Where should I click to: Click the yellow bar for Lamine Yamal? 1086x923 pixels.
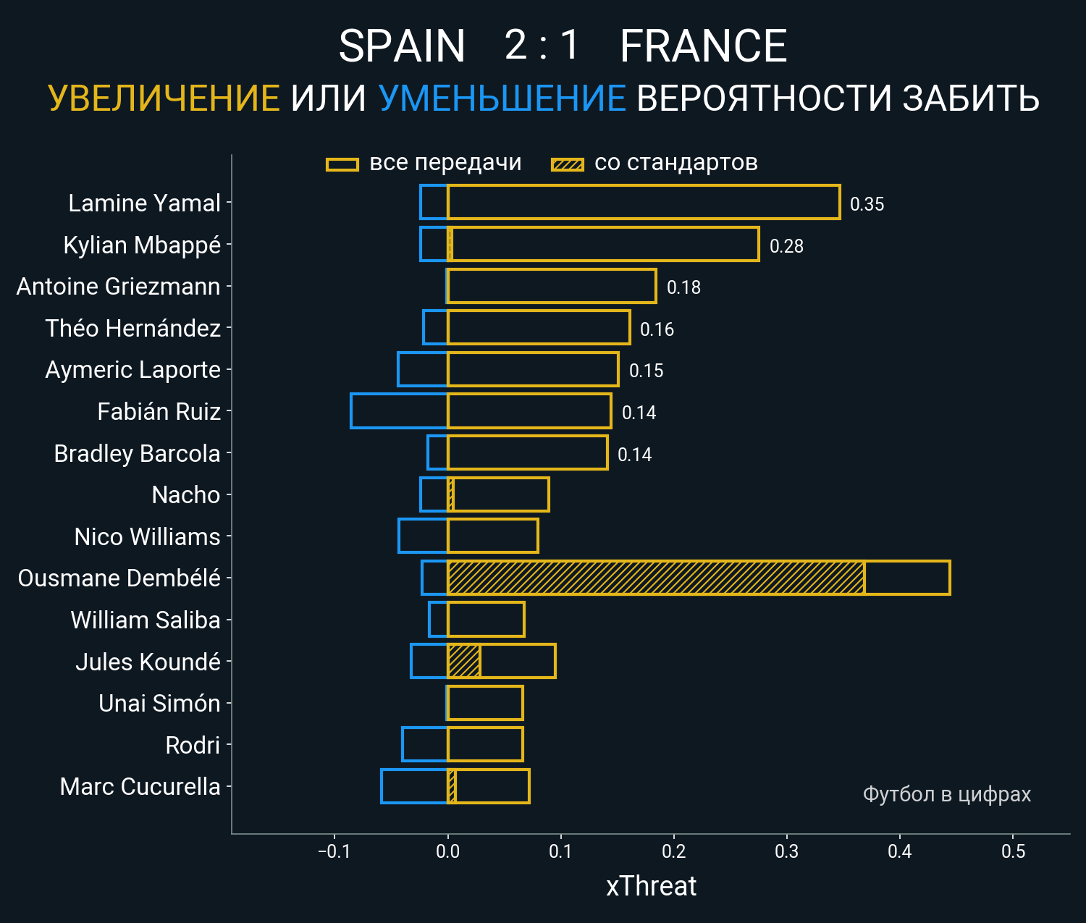(x=643, y=202)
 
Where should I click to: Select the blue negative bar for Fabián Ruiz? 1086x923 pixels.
(x=399, y=411)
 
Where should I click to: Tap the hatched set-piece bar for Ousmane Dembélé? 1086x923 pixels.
(x=655, y=578)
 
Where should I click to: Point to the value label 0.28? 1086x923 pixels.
(x=786, y=246)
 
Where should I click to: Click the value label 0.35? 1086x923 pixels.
(x=867, y=204)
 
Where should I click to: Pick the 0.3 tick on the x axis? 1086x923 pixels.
(x=786, y=851)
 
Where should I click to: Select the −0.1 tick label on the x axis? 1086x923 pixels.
(x=334, y=851)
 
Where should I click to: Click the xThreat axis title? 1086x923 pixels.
(x=651, y=886)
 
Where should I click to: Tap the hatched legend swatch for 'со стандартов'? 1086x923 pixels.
(x=567, y=164)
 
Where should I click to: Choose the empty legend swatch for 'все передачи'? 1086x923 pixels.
(x=342, y=164)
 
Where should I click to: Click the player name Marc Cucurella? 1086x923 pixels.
(x=140, y=786)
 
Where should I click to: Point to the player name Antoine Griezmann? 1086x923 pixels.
(x=118, y=287)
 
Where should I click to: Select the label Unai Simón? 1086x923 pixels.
(x=159, y=703)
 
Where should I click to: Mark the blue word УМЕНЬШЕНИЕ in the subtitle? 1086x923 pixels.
(x=502, y=98)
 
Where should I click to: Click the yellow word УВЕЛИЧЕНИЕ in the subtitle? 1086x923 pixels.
(x=164, y=98)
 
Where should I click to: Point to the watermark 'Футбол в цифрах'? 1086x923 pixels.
(x=946, y=794)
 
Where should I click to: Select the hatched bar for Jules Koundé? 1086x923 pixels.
(x=463, y=661)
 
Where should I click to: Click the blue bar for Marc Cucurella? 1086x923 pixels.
(x=414, y=786)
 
